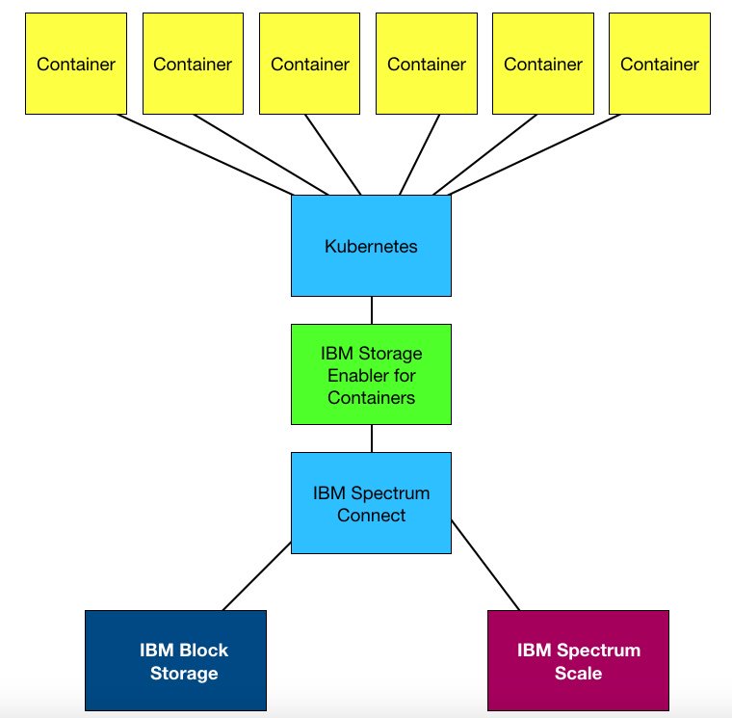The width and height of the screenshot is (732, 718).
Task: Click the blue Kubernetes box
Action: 371,246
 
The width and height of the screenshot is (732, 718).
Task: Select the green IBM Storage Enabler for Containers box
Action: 371,374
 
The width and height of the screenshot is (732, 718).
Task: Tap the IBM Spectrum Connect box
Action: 371,503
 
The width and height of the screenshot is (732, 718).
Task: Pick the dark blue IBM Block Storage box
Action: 175,661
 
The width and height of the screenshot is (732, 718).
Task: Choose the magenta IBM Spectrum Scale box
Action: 578,661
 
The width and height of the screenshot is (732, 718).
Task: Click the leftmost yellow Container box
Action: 76,65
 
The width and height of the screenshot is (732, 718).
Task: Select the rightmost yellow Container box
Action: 660,65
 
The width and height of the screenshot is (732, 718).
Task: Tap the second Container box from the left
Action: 193,65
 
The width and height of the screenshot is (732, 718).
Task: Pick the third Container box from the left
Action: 309,65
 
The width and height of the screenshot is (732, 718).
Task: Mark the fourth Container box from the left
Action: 427,65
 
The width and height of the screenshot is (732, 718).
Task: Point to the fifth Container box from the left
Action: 543,65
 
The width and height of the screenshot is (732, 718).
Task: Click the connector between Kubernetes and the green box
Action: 371,310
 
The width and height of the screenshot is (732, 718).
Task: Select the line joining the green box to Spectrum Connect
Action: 371,439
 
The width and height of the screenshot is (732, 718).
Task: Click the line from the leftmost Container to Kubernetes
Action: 204,154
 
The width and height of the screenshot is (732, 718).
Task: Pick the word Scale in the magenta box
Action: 578,673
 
